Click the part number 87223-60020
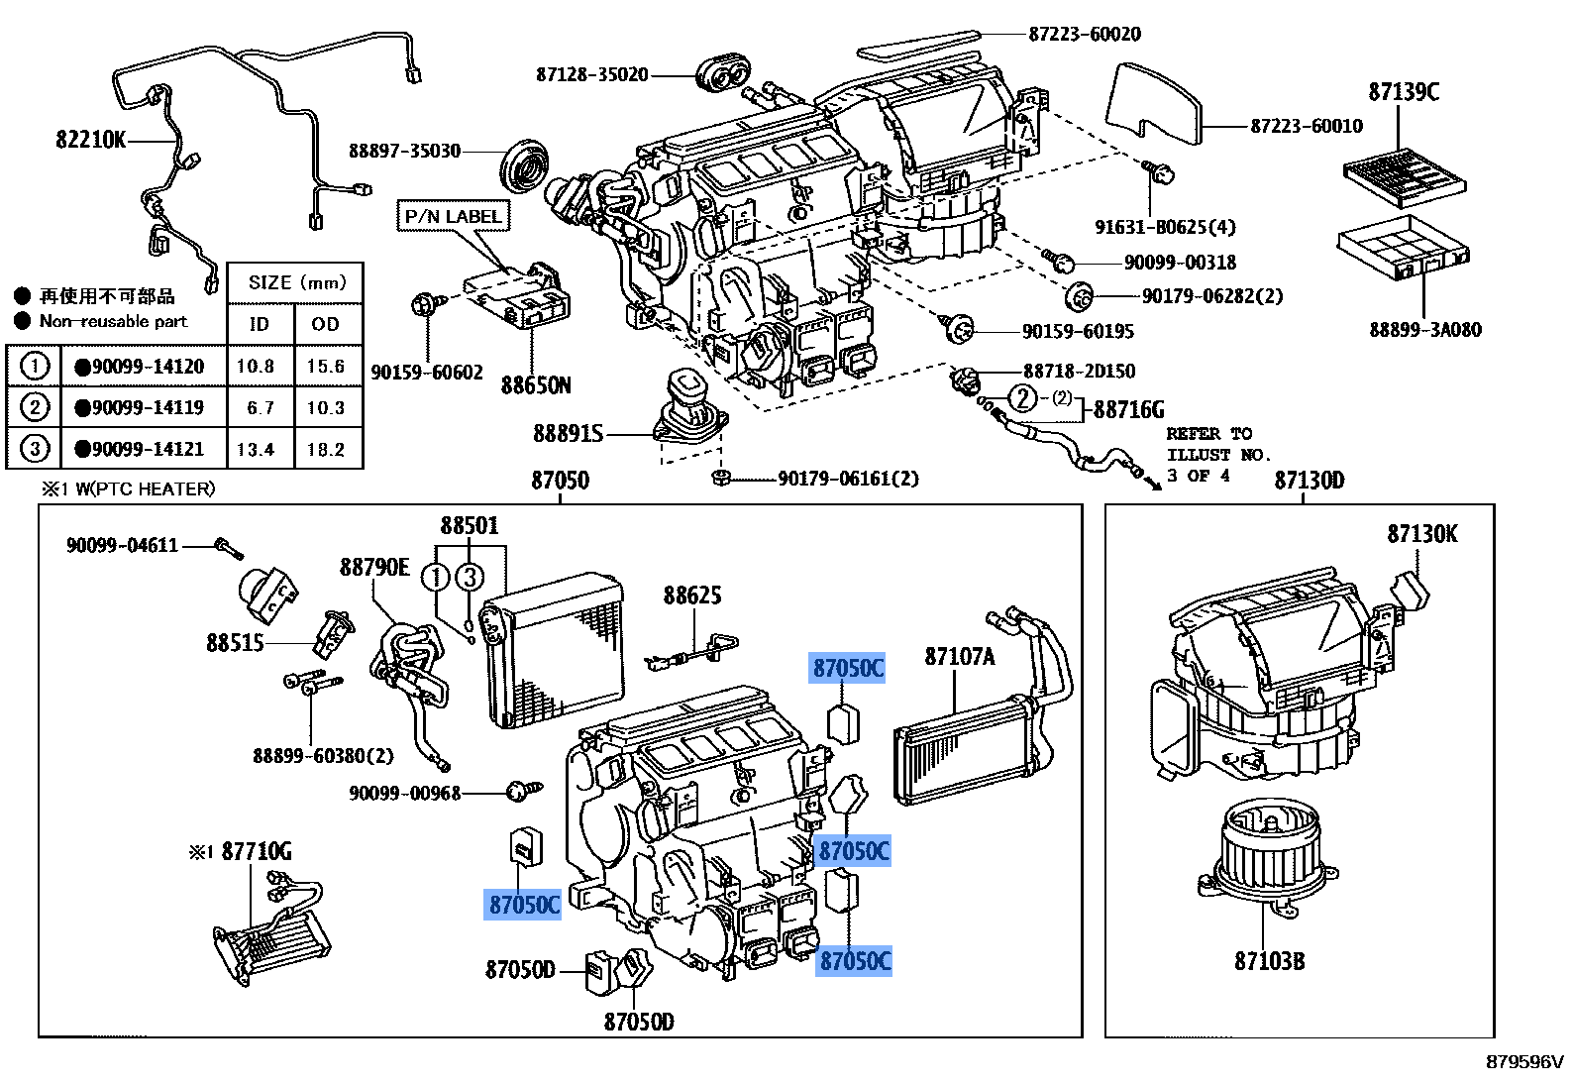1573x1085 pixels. (x=1084, y=34)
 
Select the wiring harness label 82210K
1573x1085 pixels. (x=90, y=140)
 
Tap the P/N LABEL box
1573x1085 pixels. (x=454, y=216)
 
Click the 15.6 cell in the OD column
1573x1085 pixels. (x=325, y=367)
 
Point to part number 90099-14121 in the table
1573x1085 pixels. (x=147, y=449)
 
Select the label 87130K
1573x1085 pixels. (x=1421, y=534)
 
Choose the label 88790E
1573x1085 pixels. (x=374, y=567)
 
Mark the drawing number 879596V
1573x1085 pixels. (x=1523, y=1062)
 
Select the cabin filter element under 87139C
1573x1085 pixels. (x=1404, y=177)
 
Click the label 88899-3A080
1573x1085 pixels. (x=1424, y=330)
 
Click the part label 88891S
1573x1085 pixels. (x=568, y=433)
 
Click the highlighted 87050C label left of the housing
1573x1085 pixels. (x=524, y=904)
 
